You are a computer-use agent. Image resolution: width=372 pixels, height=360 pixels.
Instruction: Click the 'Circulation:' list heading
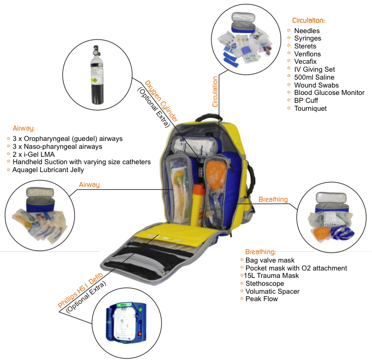tap(308, 21)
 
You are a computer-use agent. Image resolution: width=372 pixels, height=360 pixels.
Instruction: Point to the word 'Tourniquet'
tap(310, 108)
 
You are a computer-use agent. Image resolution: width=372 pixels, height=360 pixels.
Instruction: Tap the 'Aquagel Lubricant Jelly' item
tap(49, 170)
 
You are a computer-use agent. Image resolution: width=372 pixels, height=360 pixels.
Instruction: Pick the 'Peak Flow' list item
tap(261, 299)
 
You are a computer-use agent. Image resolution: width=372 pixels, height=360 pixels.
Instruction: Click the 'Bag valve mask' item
tap(270, 260)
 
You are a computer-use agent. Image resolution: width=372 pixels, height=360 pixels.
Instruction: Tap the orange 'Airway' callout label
tap(89, 184)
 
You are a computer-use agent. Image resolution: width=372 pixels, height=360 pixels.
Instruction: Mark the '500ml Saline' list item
tap(314, 77)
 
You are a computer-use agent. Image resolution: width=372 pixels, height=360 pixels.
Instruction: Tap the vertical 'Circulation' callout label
tap(215, 92)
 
